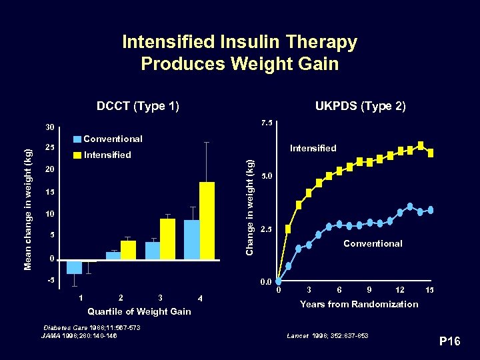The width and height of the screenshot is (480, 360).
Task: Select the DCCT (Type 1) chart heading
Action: (x=137, y=106)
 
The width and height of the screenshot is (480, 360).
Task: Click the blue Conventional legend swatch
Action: (x=78, y=139)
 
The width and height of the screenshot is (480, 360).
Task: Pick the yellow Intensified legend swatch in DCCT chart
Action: (x=78, y=155)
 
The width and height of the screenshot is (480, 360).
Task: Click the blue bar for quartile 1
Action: (x=74, y=266)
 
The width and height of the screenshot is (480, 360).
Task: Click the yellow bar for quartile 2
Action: (x=128, y=249)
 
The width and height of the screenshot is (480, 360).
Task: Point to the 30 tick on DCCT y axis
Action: (x=49, y=127)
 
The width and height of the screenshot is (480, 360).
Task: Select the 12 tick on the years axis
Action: (x=399, y=290)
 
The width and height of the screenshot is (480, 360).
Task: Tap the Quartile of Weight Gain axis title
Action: (x=139, y=311)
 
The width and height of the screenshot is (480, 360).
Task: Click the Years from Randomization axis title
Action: (x=359, y=304)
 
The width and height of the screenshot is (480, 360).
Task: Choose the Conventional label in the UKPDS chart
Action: (x=372, y=243)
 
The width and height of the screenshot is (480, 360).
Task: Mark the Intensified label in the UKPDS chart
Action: (x=313, y=148)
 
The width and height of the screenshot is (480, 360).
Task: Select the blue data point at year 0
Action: (x=279, y=281)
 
